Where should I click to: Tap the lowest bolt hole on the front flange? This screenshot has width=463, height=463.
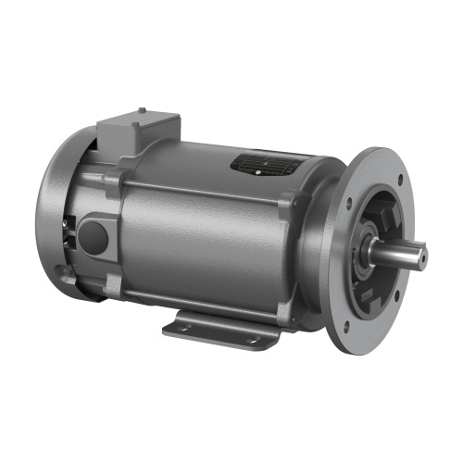click(345, 327)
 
